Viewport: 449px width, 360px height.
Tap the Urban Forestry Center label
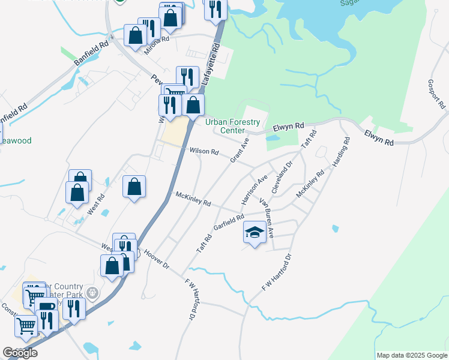233,126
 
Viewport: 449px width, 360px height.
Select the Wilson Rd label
204,151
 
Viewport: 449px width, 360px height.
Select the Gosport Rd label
436,94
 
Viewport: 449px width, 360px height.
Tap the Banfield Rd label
92,53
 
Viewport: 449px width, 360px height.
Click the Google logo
20,353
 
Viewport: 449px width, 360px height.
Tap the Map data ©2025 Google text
412,355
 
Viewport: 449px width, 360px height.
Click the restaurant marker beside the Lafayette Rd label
188,77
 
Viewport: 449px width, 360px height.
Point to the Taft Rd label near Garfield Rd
204,243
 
